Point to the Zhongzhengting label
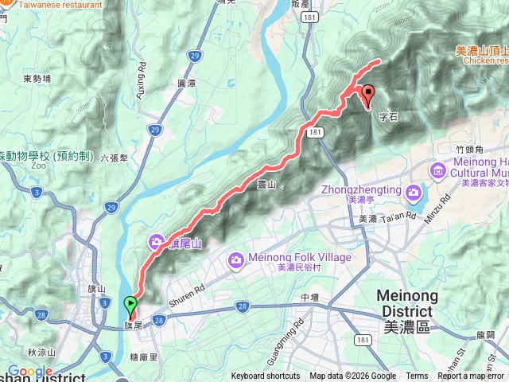click(362, 190)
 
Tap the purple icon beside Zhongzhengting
click(413, 192)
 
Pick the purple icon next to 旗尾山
click(157, 242)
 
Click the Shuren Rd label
click(187, 297)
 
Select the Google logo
click(31, 372)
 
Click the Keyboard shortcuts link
click(266, 376)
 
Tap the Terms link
click(417, 376)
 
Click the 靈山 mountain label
click(266, 185)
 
